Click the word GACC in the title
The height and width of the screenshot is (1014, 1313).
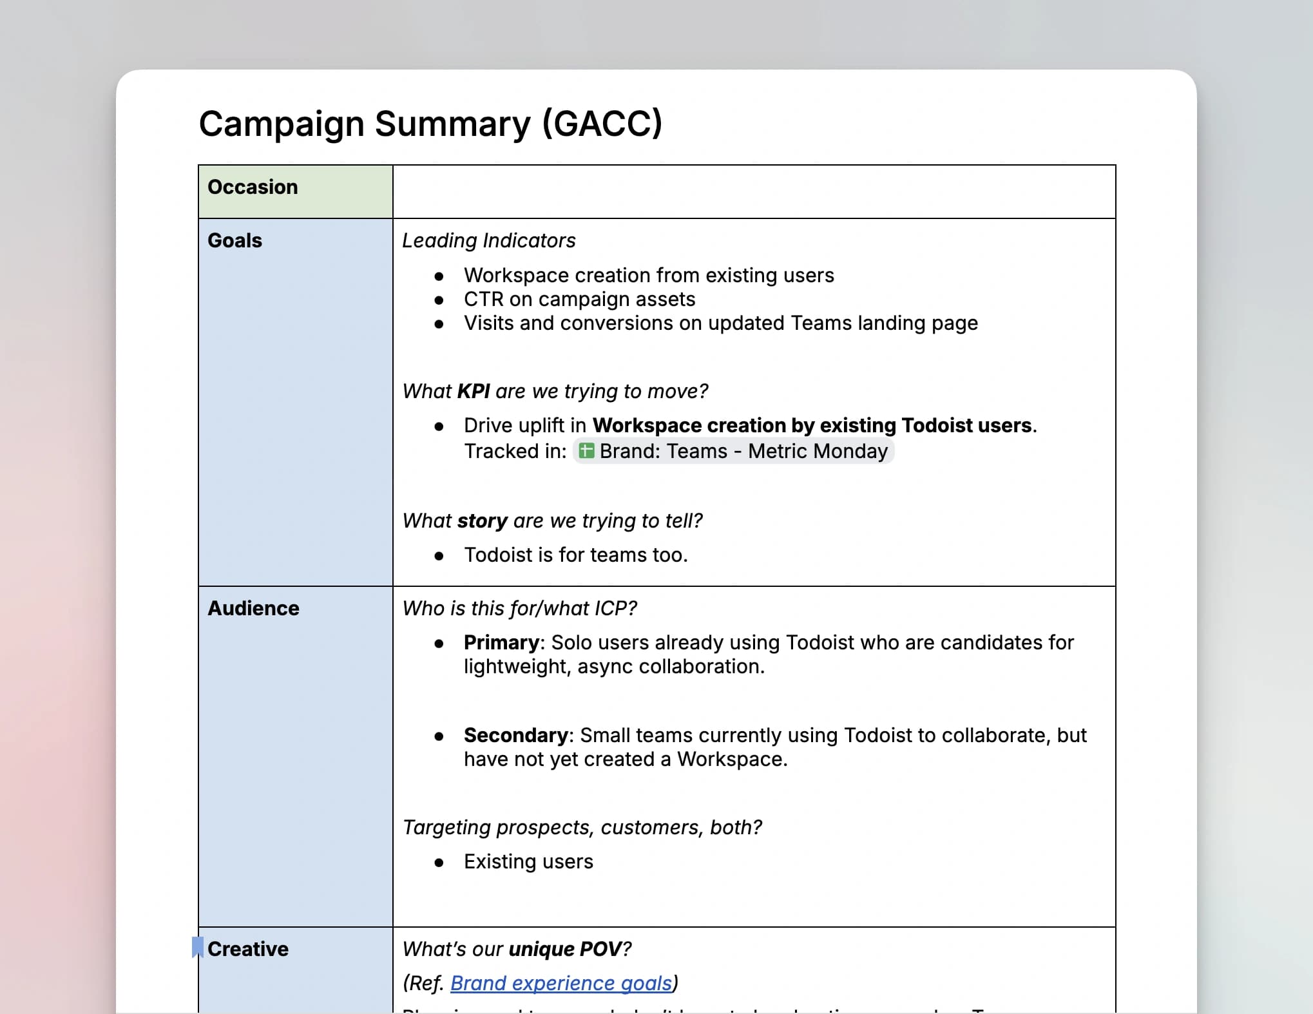(602, 124)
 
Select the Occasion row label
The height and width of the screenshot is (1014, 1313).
(253, 187)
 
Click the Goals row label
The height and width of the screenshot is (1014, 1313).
(235, 240)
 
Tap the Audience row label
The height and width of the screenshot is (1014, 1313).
(253, 608)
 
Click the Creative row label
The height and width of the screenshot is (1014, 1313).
(248, 949)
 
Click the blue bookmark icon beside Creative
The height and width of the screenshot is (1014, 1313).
(198, 948)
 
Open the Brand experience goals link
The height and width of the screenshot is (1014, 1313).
(561, 983)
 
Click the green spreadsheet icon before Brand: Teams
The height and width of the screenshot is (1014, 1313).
(586, 451)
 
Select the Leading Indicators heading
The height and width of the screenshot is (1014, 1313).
(488, 240)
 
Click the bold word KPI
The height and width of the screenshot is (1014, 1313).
(474, 391)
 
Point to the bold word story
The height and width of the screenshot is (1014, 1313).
(482, 521)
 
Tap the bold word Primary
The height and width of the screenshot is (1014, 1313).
(501, 642)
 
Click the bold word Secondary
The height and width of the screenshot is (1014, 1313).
(515, 735)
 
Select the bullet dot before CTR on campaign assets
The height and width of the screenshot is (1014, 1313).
(439, 300)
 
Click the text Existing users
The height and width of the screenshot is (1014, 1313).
(528, 861)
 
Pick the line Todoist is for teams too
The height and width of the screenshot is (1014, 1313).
(575, 555)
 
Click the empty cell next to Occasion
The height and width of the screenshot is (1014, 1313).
(754, 191)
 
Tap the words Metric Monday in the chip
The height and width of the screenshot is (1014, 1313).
(818, 451)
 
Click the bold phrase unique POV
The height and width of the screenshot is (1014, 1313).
(565, 949)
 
